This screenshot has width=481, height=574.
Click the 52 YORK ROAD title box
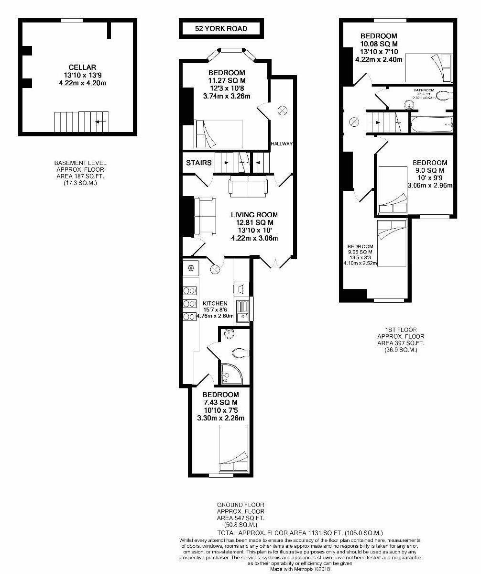coord(221,29)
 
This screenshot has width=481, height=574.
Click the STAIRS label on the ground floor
coord(199,163)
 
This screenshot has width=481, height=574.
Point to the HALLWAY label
coord(281,143)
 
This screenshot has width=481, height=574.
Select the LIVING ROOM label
coord(254,215)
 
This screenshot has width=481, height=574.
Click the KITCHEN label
coord(215,303)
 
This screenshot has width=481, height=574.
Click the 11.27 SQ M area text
coord(226,80)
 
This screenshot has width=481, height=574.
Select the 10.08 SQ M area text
coord(379,44)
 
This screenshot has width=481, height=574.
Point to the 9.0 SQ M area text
coord(430,170)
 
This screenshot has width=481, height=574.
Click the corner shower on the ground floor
coord(231,373)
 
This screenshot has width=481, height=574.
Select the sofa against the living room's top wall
coord(248,187)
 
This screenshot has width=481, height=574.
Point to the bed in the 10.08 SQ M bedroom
coord(427,69)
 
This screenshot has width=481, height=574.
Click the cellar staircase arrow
coord(100,122)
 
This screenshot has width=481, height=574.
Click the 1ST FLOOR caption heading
coord(401,330)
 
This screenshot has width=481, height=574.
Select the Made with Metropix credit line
coord(300,569)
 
